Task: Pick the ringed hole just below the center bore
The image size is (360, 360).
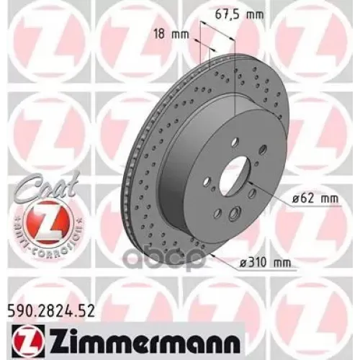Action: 235,214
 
